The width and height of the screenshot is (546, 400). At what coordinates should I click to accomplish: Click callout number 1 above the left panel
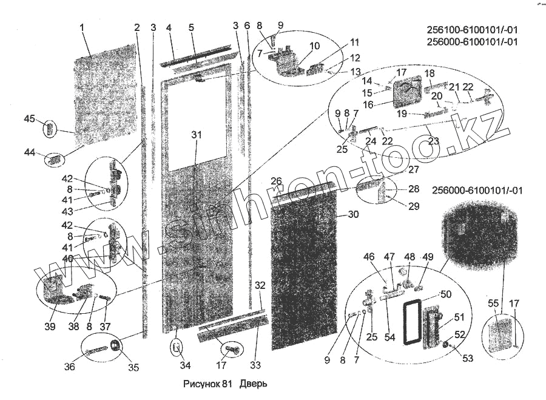(82, 27)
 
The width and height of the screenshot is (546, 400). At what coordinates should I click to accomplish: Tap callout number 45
(29, 118)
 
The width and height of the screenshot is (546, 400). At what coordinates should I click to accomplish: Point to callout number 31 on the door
(195, 134)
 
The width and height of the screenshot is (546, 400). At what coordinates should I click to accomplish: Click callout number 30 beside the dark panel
(354, 214)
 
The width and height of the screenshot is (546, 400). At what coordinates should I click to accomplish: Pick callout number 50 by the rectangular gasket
(446, 294)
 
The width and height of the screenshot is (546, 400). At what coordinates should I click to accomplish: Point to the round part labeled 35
(116, 348)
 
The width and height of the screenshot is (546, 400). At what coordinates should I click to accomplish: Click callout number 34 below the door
(185, 365)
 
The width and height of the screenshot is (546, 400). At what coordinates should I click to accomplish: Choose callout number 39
(50, 327)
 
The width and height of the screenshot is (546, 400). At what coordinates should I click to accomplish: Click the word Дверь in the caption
(253, 384)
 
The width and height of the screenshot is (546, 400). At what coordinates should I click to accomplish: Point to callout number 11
(354, 42)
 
